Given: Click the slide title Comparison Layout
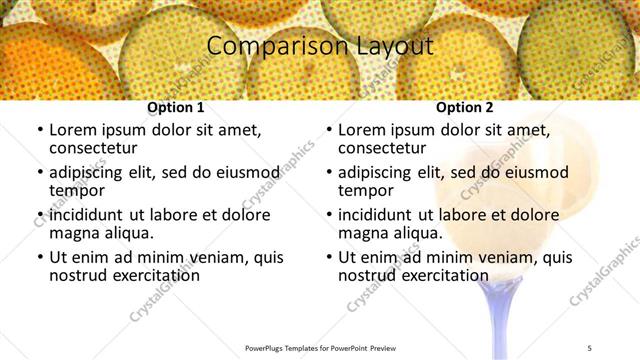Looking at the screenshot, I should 320,46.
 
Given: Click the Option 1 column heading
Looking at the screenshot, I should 175,107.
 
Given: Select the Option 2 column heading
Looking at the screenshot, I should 464,107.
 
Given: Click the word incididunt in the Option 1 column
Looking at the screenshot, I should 92,215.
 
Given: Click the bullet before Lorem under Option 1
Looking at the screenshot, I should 38,131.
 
